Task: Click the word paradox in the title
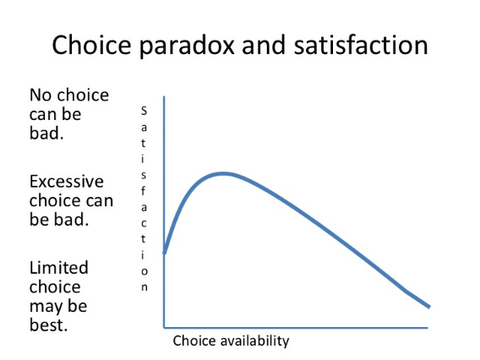tap(187, 46)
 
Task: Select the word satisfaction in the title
tap(361, 45)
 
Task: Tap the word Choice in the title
tap(91, 45)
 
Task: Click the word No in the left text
tap(41, 95)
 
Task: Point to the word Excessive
tap(67, 181)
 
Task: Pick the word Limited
tap(59, 267)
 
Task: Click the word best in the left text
tap(48, 325)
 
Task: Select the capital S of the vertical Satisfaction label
tap(144, 111)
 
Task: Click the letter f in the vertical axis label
tap(144, 191)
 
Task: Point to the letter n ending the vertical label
tap(145, 287)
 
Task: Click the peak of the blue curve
tap(223, 174)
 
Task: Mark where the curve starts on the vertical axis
tap(165, 253)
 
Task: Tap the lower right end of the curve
tap(429, 307)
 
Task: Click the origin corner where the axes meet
tap(164, 328)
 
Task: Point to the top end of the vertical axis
tap(164, 96)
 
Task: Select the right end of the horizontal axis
tap(428, 328)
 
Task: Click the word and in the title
tap(264, 45)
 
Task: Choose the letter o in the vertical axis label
tap(145, 271)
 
